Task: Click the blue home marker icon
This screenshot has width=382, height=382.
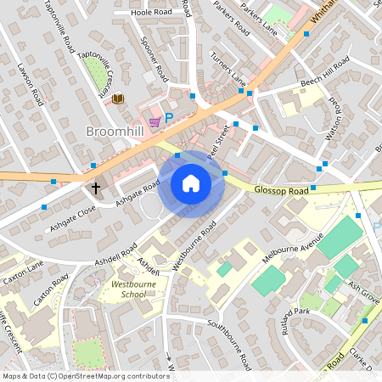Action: (x=191, y=183)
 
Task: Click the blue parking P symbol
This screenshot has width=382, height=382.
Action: (x=168, y=118)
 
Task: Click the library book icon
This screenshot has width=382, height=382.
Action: (x=118, y=99)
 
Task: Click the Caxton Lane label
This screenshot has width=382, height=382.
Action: (x=22, y=272)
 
